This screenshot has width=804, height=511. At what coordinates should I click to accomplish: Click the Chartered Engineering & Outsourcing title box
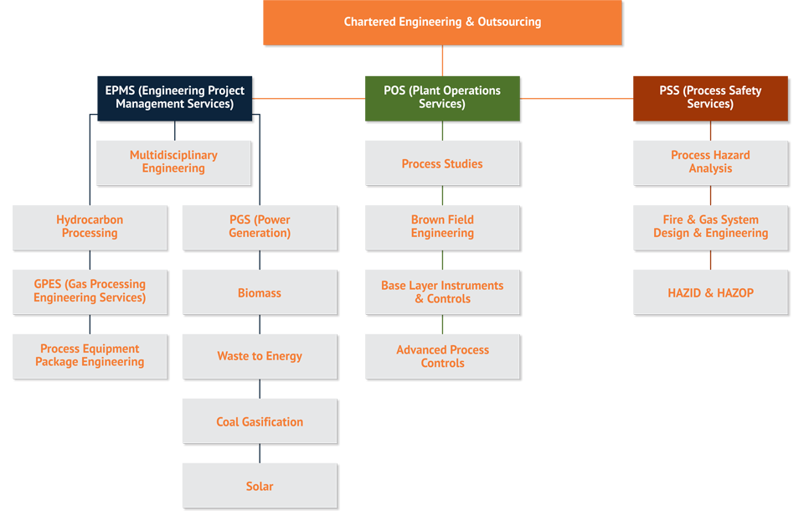[442, 22]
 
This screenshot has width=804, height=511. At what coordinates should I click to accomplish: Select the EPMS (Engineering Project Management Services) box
[174, 97]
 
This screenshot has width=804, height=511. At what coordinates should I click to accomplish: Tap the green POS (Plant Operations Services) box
[441, 97]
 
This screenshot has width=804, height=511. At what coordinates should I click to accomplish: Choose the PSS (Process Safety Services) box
[710, 97]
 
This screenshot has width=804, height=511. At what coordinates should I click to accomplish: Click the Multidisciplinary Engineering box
[173, 162]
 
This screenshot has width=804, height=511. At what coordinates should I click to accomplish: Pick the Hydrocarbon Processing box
[90, 226]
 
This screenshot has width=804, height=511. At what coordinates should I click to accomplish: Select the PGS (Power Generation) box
[260, 226]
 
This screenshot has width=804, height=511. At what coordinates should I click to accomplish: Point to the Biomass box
[260, 293]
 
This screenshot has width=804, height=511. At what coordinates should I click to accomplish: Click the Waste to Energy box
[260, 356]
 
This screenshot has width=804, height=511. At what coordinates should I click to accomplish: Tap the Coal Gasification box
[260, 421]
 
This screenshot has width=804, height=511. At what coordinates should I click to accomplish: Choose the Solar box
[260, 486]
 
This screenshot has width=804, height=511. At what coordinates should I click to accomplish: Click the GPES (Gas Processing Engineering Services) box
[90, 291]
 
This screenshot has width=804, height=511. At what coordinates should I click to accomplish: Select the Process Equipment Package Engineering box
[90, 355]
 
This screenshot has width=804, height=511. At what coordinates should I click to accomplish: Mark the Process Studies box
[442, 164]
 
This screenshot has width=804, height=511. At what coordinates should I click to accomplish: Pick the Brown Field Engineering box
[442, 226]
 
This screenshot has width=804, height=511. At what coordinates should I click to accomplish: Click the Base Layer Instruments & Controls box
[442, 292]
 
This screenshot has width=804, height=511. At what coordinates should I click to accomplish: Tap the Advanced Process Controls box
[442, 356]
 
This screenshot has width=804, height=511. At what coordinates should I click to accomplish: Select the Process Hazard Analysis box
[710, 162]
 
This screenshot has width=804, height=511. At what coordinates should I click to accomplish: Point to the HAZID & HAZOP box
[710, 293]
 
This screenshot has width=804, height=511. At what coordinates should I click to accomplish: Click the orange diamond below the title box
[442, 60]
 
